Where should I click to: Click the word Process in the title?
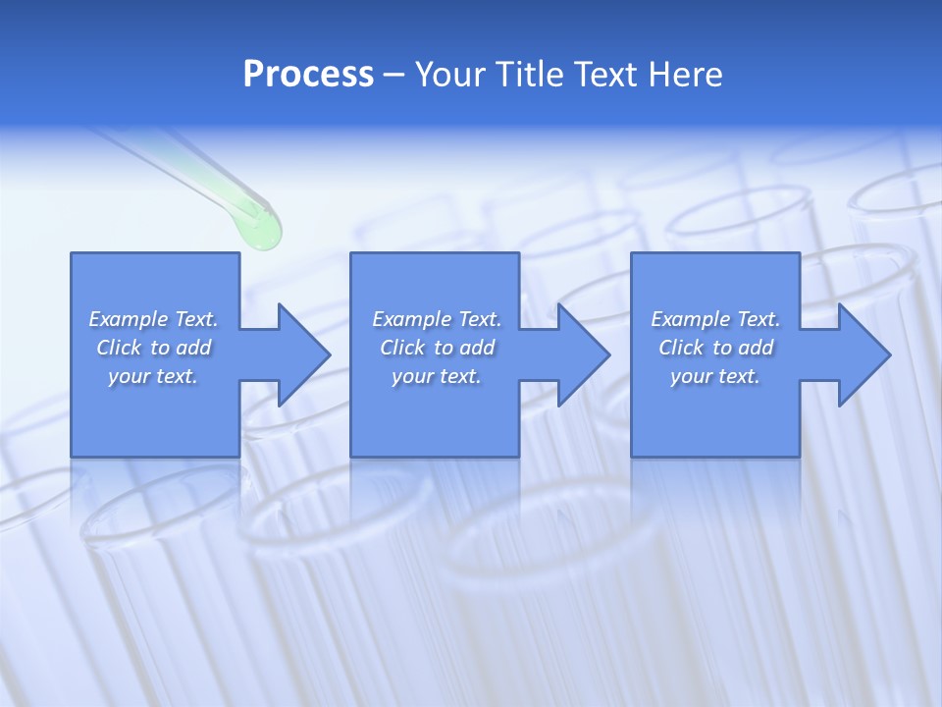click(x=308, y=75)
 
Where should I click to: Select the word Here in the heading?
click(x=685, y=75)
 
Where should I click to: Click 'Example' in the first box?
click(x=129, y=319)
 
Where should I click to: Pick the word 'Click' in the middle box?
click(x=401, y=348)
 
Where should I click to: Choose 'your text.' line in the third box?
click(x=714, y=376)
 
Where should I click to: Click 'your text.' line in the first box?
click(x=153, y=376)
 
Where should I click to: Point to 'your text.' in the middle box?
click(x=436, y=376)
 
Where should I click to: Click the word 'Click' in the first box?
click(x=118, y=348)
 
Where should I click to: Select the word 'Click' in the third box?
click(x=681, y=348)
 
